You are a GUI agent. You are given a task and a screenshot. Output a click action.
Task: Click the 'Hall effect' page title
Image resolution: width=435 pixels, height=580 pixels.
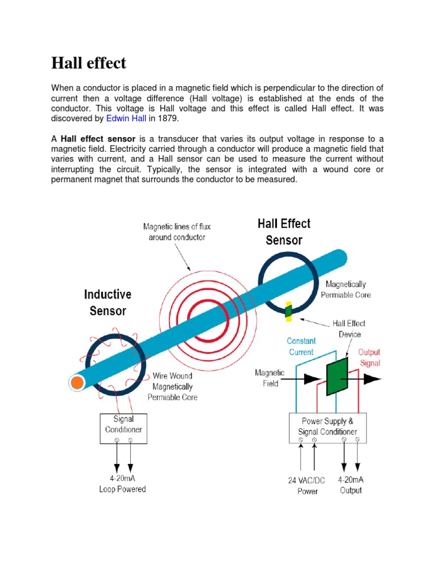89,63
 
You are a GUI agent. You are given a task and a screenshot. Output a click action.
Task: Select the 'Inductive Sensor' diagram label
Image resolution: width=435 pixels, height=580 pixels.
108,302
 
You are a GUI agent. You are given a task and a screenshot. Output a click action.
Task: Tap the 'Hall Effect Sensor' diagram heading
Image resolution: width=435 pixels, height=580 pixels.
284,232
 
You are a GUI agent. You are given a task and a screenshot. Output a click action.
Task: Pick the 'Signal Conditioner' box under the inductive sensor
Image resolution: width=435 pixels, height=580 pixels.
123,424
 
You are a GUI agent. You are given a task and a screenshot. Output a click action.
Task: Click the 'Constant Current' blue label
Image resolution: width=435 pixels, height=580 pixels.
301,346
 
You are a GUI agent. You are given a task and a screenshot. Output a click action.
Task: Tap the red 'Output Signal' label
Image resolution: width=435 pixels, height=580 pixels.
369,357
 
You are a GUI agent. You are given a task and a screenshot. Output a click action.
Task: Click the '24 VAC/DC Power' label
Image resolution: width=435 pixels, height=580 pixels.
307,485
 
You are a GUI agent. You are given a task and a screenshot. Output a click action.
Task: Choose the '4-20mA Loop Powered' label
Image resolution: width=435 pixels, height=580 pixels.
122,484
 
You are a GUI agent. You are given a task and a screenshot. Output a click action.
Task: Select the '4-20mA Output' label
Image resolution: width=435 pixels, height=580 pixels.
351,485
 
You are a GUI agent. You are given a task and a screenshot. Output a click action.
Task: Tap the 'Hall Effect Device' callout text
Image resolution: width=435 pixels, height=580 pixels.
349,329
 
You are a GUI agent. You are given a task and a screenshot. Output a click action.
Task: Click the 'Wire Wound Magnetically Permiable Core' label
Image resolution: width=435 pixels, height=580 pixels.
173,386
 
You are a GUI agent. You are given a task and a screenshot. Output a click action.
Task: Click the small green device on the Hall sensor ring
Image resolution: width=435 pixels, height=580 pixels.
288,310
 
